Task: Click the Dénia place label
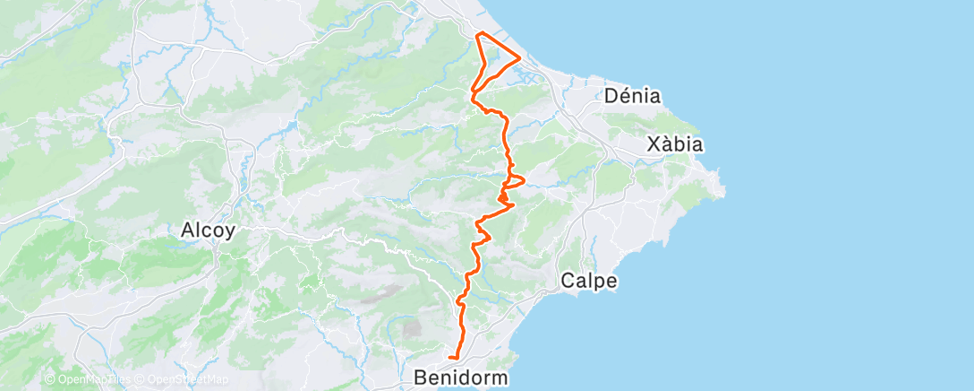tap(633, 95)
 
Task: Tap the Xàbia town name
tap(675, 144)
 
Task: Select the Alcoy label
tap(208, 230)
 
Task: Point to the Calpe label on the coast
tap(589, 282)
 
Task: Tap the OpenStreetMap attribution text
tap(187, 380)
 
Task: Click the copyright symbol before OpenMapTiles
tap(50, 380)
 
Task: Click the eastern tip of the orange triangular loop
tap(520, 58)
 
